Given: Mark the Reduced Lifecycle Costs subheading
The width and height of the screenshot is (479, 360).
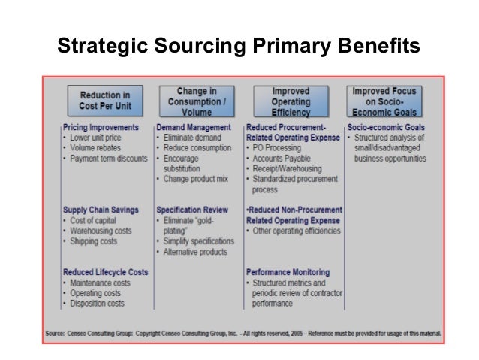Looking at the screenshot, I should (106, 272).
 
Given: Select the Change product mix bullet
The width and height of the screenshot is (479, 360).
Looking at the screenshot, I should (196, 180).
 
